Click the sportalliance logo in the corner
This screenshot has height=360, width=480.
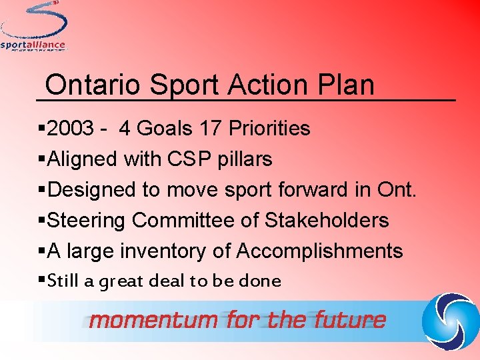(x=33, y=27)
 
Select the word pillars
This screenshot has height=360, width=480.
(x=247, y=159)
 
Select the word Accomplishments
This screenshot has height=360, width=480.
(x=320, y=251)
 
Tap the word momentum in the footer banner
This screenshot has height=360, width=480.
(x=154, y=320)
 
